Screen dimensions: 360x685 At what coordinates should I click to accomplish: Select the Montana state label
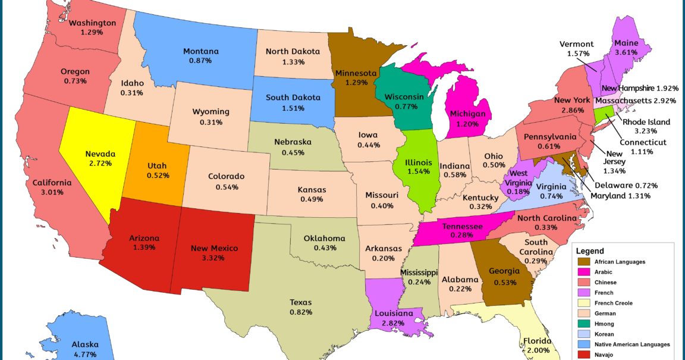click(x=201, y=51)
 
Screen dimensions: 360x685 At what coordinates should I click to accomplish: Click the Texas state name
click(x=301, y=302)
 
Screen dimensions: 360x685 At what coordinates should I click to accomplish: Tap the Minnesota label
click(x=356, y=73)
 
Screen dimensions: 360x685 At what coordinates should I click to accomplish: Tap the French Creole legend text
click(x=612, y=303)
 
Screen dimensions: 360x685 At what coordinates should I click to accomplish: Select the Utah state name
click(x=158, y=165)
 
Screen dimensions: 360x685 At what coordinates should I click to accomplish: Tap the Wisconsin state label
click(x=404, y=96)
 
